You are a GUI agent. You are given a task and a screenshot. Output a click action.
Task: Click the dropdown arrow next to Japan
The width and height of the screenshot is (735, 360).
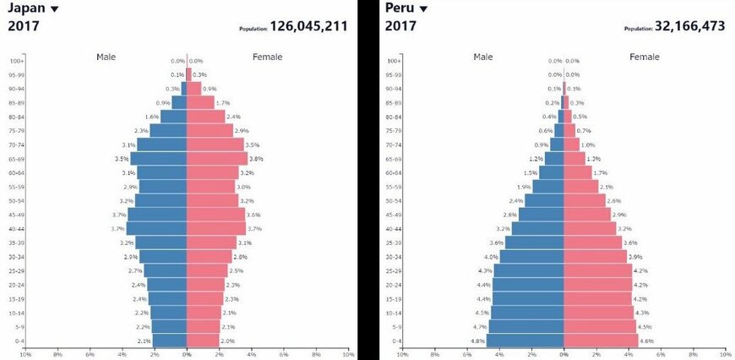coord(55,9)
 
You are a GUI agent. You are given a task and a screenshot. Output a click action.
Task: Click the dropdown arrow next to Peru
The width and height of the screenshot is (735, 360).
coord(423,9)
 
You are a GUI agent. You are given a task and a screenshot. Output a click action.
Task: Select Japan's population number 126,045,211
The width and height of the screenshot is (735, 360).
coord(308,26)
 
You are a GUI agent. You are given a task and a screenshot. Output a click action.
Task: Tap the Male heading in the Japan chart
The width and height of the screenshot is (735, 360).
coord(106,57)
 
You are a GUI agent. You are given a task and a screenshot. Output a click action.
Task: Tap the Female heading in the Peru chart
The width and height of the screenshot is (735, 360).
coord(645,57)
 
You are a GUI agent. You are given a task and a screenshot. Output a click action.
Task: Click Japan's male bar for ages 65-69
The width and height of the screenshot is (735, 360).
coord(159,159)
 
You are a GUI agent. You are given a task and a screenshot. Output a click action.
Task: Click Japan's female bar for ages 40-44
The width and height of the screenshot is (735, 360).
coord(216,229)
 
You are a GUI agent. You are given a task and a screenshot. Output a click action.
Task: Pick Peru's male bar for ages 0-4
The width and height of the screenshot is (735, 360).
coord(525,341)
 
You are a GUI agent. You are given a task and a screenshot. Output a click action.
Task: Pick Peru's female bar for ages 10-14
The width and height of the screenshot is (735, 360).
coord(598,313)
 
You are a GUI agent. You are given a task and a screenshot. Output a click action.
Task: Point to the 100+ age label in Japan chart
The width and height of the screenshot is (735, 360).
coord(16,61)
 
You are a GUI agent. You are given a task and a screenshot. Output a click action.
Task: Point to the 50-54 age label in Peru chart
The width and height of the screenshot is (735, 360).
coord(394,201)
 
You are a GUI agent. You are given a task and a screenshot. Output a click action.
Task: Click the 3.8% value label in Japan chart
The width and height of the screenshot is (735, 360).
coord(257,159)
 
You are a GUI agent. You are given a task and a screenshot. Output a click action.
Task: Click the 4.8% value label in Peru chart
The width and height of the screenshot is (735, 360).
coord(477,341)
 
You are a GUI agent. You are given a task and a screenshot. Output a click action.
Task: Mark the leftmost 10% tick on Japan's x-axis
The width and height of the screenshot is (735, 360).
coord(24,354)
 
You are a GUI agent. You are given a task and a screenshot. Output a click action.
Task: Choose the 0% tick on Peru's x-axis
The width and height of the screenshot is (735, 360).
coord(563,354)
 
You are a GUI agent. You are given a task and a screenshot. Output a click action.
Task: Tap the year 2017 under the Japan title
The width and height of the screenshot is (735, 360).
coord(24,26)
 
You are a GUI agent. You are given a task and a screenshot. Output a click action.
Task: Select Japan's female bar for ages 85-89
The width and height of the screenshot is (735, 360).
coord(200,103)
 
